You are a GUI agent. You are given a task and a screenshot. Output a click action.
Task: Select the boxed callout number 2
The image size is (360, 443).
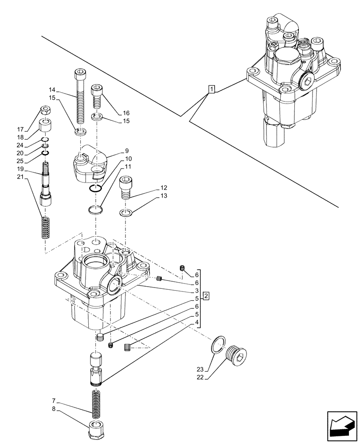click(x=206, y=295)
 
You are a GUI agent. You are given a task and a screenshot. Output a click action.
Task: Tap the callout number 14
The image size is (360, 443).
click(x=52, y=89)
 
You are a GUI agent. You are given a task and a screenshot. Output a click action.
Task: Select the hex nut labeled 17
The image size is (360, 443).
click(x=44, y=109)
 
